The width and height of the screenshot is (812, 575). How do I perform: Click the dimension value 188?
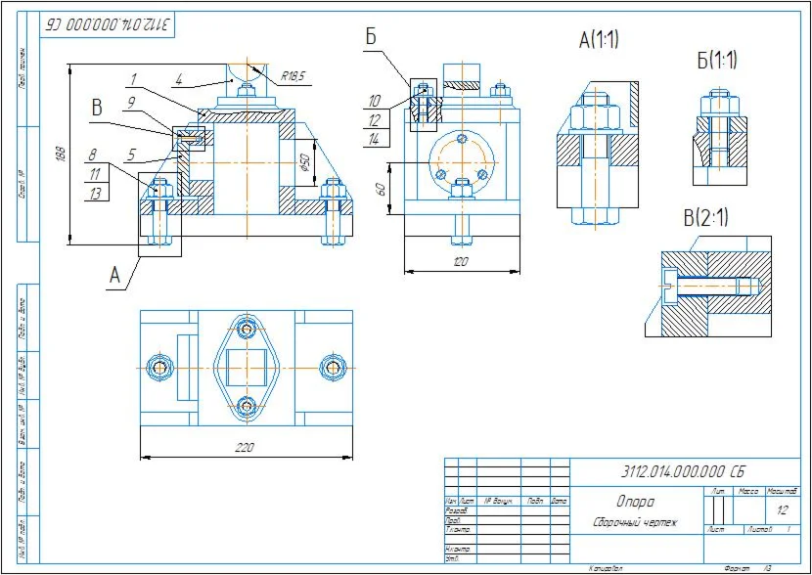(x=61, y=155)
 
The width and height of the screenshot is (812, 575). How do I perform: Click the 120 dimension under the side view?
(x=461, y=262)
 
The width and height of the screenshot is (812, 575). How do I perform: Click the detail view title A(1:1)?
(x=599, y=40)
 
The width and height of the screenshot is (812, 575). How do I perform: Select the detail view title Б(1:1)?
(x=717, y=60)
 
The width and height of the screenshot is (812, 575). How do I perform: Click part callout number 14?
(x=375, y=139)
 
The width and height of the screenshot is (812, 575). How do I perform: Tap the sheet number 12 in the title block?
(x=782, y=509)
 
